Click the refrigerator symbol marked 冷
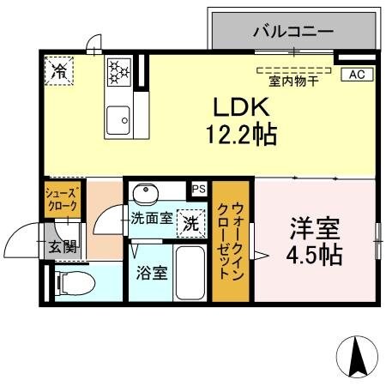(x=59, y=69)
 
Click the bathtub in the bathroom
(x=189, y=272)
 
